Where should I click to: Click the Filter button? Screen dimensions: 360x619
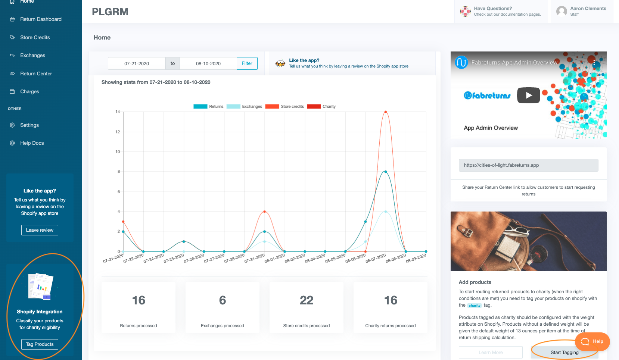pos(247,63)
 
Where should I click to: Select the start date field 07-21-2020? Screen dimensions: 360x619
pos(137,63)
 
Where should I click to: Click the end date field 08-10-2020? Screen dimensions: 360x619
pos(208,63)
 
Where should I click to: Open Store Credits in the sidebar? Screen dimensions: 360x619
pos(35,37)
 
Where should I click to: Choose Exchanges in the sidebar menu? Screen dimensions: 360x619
pos(32,55)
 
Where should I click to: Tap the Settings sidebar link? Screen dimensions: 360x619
pos(29,125)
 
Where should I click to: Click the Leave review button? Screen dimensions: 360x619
pos(40,230)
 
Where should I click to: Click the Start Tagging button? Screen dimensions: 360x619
pos(564,352)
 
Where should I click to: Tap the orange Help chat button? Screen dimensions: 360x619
pos(592,341)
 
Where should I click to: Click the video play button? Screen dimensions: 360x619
pos(528,95)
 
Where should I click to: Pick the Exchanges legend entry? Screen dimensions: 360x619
pos(245,106)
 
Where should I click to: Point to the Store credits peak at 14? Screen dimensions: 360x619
pos(386,112)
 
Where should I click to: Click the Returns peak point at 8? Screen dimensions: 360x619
pos(386,172)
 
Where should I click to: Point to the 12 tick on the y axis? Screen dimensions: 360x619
pos(118,132)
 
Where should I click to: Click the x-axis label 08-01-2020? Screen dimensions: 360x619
pos(274,258)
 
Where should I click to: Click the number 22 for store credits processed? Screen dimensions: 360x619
pos(307,300)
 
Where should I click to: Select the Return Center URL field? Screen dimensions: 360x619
pos(528,165)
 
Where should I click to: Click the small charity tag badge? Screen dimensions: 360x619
pos(475,306)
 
